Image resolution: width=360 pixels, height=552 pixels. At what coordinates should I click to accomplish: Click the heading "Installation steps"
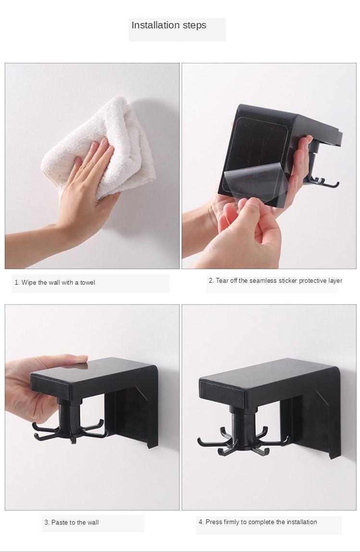coord(169,25)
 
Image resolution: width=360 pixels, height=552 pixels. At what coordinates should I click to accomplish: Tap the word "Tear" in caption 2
coord(222,281)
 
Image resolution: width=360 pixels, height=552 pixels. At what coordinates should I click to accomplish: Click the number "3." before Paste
coord(47,523)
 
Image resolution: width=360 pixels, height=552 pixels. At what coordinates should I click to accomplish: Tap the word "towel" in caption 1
coord(87,283)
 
